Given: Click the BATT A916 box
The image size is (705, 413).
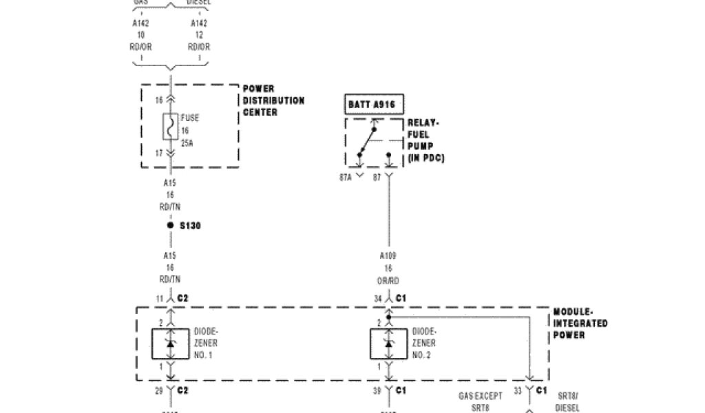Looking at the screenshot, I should coord(374,105).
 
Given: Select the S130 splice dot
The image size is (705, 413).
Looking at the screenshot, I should coord(170,225).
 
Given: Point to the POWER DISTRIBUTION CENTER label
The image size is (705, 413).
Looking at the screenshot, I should coord(273,100).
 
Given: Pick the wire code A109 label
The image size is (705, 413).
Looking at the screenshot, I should coord(389,256).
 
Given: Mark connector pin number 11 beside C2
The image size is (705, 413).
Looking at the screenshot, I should coord(159,298).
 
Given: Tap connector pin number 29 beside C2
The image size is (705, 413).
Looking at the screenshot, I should coord(158,390).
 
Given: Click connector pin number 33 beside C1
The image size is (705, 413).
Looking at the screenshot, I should coord(516,390).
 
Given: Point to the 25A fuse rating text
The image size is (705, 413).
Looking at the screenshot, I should coord(187,144).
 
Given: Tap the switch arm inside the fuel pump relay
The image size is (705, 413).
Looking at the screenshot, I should coord(367,141).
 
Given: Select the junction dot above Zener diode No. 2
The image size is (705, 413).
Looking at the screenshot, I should coord(389,317).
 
